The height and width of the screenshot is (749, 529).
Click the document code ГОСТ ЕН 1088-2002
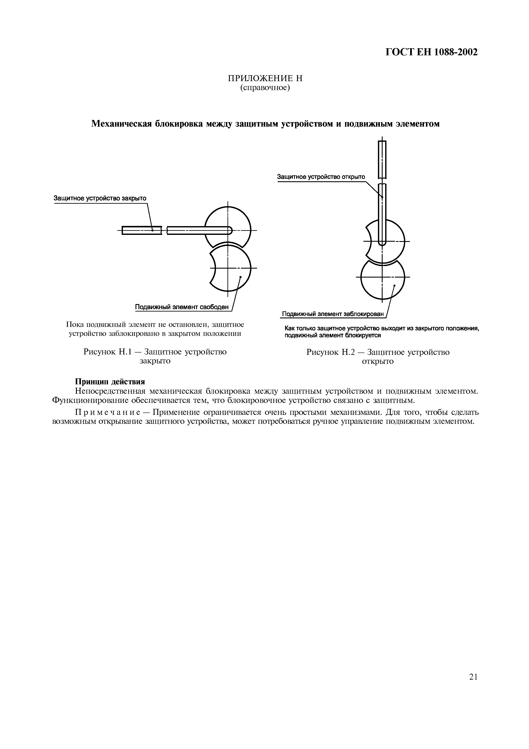(x=431, y=52)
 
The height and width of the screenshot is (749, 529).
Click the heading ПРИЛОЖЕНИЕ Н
(x=265, y=78)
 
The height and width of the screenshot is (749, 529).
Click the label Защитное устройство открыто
(x=321, y=177)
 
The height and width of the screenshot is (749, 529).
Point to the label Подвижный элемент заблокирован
(x=333, y=314)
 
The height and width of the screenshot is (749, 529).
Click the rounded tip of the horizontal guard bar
(x=230, y=231)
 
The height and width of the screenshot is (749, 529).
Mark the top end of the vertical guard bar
(x=382, y=142)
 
